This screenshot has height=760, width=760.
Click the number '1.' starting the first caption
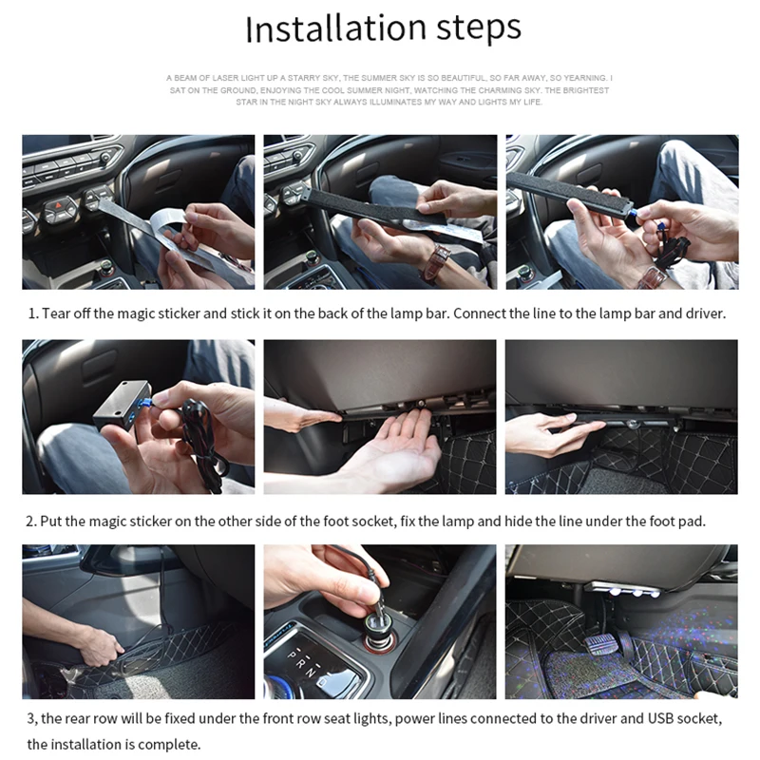click(33, 313)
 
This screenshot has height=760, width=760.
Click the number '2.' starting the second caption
click(32, 522)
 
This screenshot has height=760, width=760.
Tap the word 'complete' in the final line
click(171, 744)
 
